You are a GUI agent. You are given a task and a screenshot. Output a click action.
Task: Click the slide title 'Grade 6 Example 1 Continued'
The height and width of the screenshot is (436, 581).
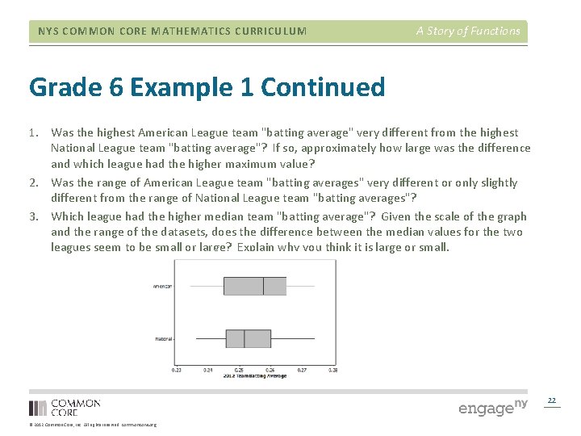pos(207,86)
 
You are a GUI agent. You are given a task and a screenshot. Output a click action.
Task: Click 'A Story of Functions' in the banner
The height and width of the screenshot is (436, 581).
pos(468,31)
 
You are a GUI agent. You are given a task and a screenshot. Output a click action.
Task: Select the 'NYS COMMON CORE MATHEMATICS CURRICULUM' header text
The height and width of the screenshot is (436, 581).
pos(172,31)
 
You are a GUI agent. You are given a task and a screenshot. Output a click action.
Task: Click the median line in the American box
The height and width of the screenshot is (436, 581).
pos(263,286)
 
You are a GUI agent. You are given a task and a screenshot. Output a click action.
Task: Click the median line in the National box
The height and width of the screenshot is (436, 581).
pos(245,338)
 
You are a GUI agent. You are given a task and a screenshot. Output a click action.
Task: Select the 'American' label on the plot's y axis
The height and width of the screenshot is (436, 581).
pos(162,287)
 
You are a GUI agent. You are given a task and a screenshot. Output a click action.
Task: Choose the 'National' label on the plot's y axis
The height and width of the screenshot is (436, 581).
pos(163,339)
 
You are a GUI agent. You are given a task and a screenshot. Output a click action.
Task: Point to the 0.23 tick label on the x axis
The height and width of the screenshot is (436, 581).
pos(177,370)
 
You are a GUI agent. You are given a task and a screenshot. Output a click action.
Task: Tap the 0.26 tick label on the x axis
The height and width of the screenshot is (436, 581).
pos(270,370)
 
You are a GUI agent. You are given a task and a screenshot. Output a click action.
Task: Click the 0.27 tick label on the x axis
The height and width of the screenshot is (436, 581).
pos(302,370)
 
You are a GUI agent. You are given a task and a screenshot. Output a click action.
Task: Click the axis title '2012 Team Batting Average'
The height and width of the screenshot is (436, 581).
pos(254,376)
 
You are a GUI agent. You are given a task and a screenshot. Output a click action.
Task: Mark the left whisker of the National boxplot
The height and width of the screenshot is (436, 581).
pos(211,338)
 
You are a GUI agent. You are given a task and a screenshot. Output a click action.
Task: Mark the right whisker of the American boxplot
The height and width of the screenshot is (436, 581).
pos(300,286)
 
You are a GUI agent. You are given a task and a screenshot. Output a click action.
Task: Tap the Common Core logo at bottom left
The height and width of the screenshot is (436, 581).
pos(65,408)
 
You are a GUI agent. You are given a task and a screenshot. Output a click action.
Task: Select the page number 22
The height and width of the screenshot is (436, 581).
pos(552,400)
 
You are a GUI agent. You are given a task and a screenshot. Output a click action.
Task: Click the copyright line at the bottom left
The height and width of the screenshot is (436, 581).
pos(93,425)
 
